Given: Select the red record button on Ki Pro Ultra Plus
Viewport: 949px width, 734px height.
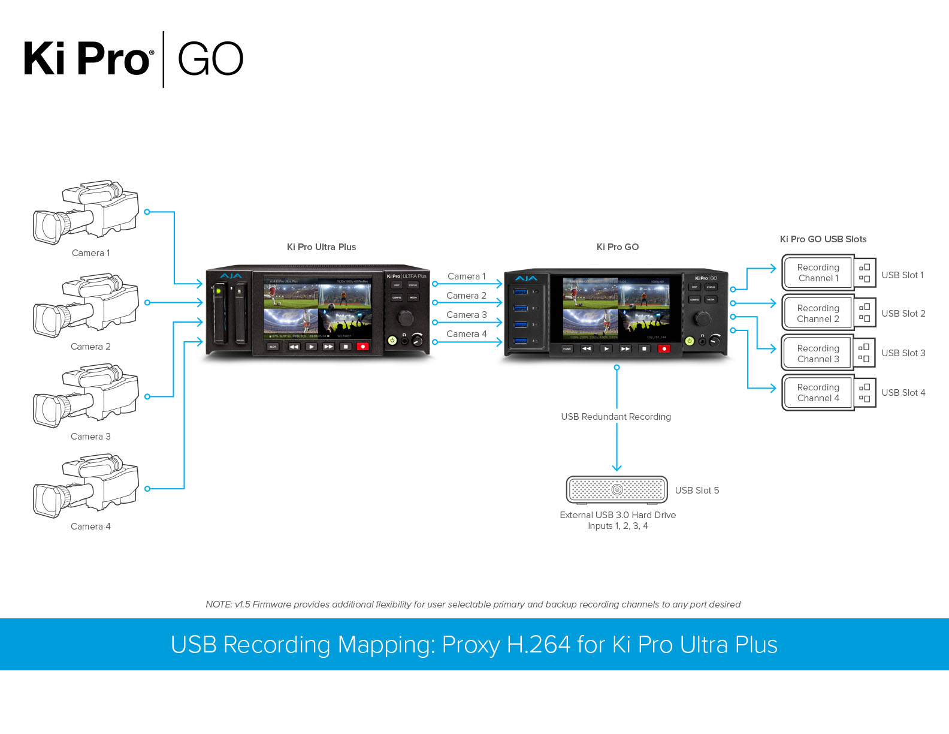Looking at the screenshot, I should pos(362,347).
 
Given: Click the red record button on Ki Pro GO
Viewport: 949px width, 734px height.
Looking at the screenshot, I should pos(664,348).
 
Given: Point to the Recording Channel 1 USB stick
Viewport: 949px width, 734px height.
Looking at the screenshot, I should pos(828,273).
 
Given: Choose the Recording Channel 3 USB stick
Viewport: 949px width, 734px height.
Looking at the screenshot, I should pos(828,353).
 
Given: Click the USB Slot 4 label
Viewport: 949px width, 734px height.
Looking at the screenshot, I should pos(903,393).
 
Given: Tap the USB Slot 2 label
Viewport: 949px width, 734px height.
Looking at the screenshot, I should pos(903,314).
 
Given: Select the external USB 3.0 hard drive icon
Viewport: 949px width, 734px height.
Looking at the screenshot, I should pos(616,490).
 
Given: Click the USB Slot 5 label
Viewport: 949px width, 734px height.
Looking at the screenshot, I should pos(697,491).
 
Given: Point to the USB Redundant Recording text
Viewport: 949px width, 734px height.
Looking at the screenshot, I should pos(616,417).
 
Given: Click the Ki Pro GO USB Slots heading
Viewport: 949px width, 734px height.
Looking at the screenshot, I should pos(823,239).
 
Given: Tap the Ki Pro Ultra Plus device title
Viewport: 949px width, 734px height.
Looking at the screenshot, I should pos(321,247).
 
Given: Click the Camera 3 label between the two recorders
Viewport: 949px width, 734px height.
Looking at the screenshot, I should pos(466,315).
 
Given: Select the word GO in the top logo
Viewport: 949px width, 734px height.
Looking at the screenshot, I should pos(210,59).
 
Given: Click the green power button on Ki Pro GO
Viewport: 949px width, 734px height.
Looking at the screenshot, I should pos(690,341).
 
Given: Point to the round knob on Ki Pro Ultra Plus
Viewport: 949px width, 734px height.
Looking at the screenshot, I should pos(406,317).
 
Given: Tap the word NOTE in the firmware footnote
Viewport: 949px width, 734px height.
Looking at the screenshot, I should pos(218,604).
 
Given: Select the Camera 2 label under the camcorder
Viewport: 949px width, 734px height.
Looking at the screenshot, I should pos(90,347).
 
